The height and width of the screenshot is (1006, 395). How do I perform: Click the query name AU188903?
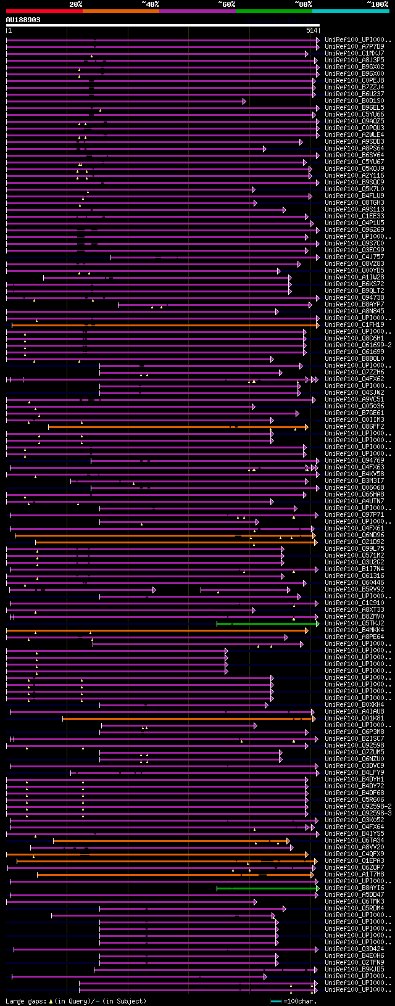tap(23, 20)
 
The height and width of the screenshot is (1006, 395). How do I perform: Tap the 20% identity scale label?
tap(75, 4)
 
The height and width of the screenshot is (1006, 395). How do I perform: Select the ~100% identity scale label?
tap(376, 4)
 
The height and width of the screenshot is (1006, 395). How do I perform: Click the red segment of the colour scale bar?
tap(44, 11)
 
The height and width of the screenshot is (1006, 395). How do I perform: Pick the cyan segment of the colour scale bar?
tap(350, 11)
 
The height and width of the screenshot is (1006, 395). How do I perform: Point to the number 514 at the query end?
tap(311, 30)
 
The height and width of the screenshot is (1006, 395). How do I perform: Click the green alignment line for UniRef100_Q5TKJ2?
tap(265, 624)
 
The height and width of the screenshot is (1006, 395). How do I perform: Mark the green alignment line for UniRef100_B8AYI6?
tap(265, 888)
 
